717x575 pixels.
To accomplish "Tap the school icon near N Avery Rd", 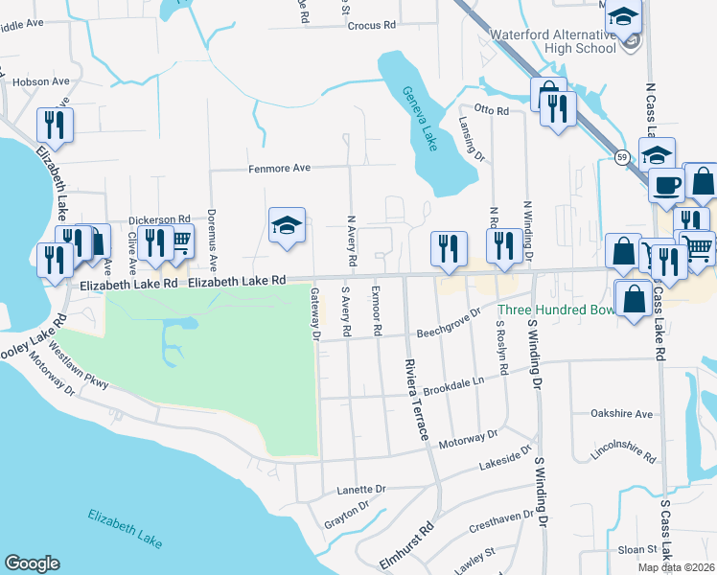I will pos(287,226).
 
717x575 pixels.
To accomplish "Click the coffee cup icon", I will pos(667,185).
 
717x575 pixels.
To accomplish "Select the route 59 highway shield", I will pos(623,157).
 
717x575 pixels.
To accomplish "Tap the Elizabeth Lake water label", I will pos(125,527).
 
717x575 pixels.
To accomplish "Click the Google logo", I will pos(32,563).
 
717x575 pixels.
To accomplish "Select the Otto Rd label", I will pos(492,111).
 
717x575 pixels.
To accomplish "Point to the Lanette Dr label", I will pos(361,489).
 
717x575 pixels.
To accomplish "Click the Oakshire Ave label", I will pos(622,415).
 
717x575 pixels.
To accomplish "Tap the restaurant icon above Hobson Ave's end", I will pos(54,126).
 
